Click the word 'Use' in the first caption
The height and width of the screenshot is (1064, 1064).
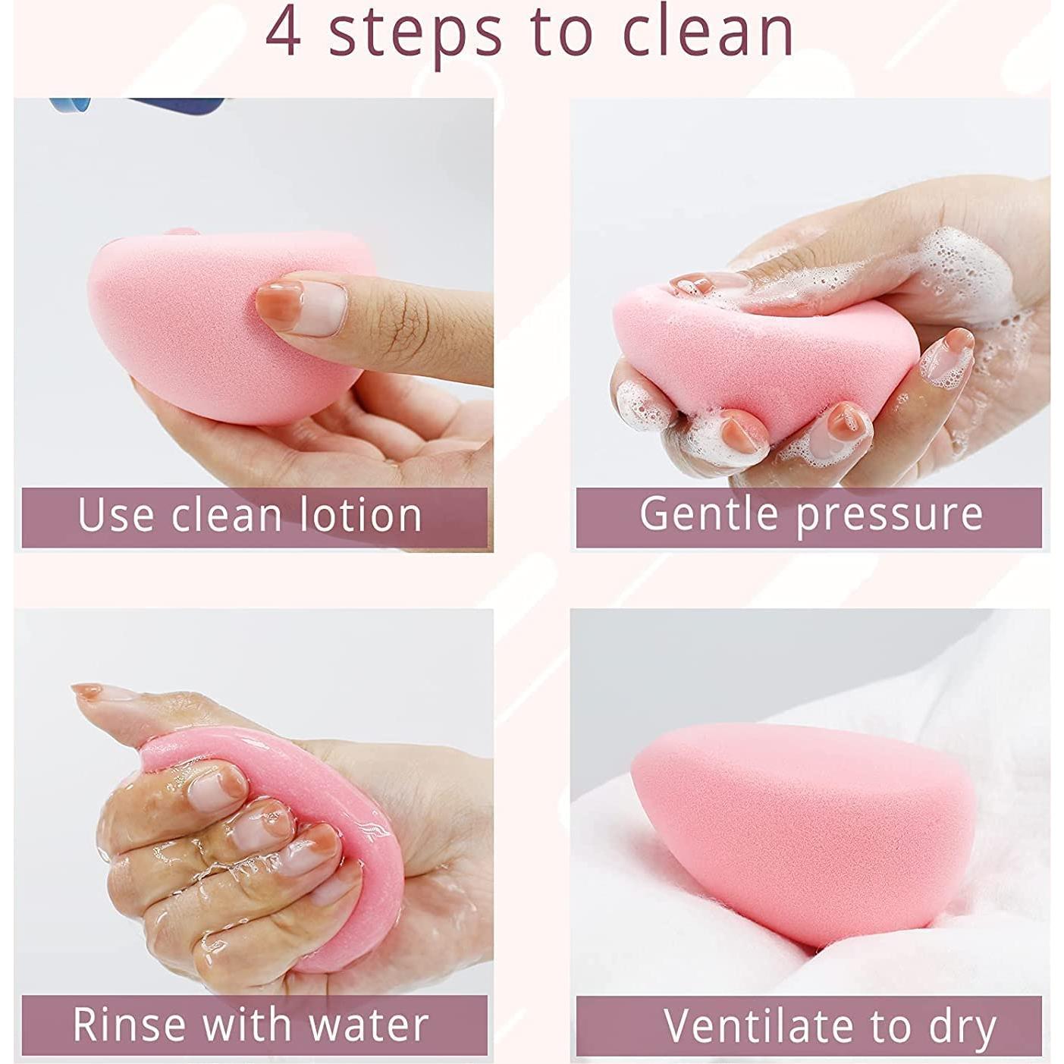[115, 515]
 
